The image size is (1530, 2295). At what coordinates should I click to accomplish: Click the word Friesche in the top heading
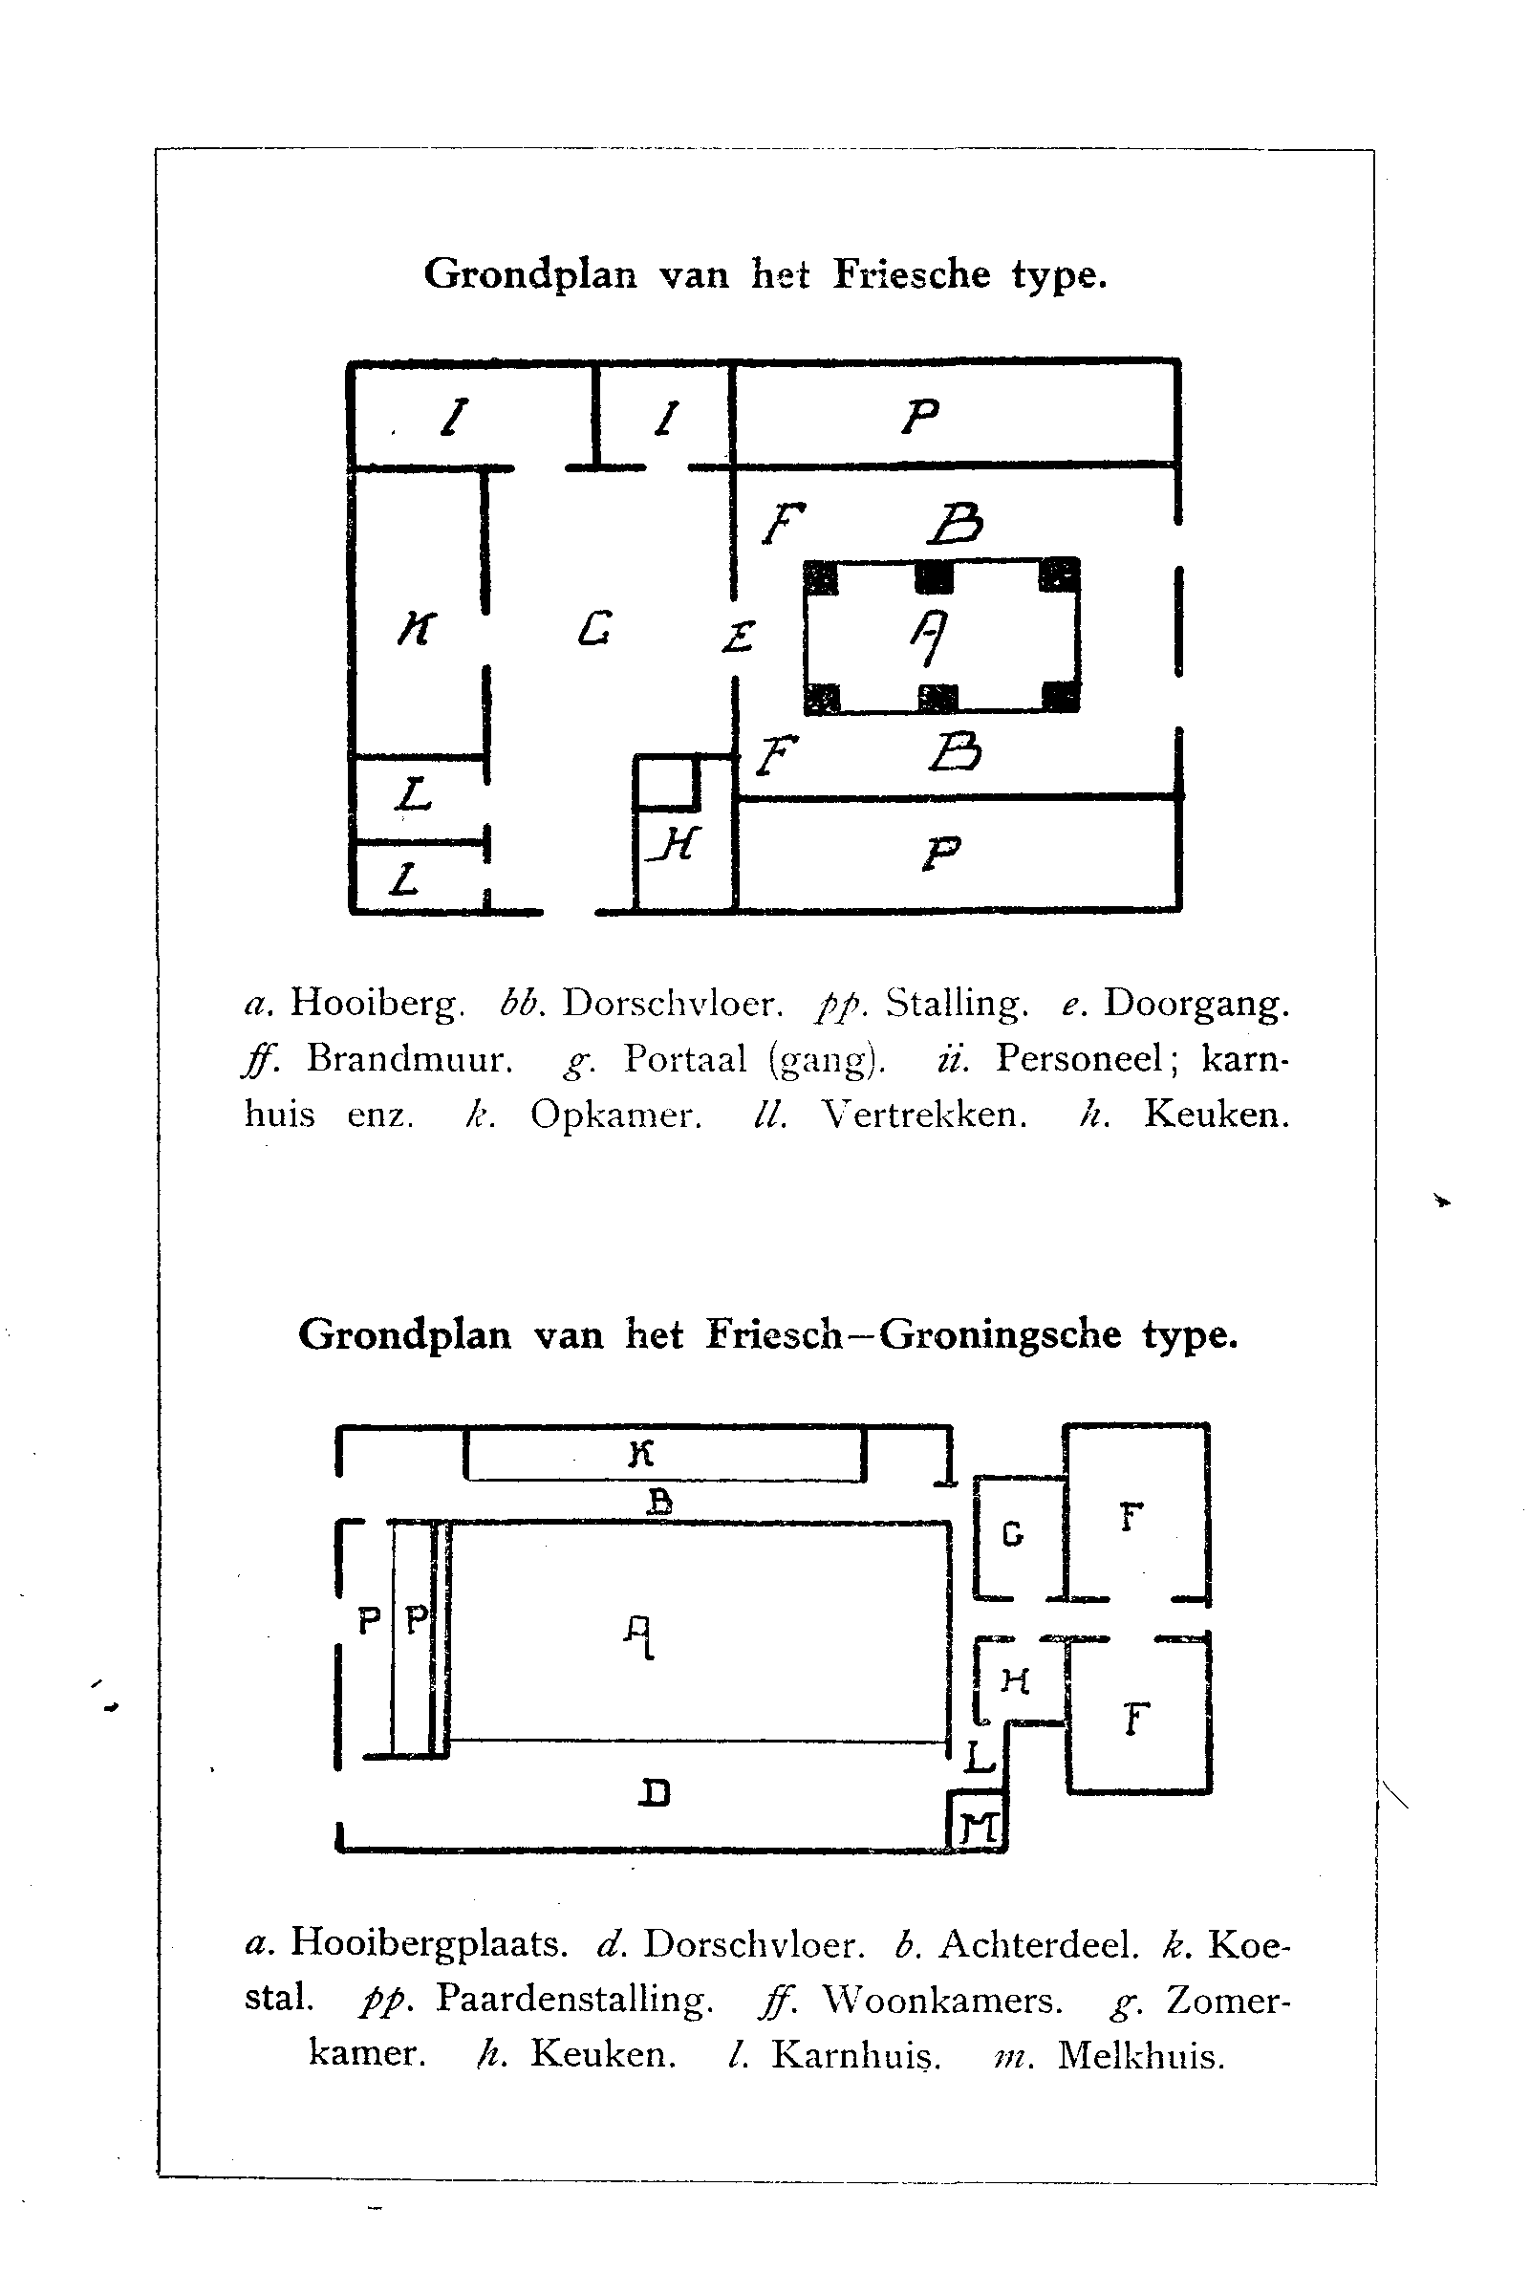[x=912, y=275]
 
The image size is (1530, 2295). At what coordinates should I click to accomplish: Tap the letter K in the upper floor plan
[x=417, y=629]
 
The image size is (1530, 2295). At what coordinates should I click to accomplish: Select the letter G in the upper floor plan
[x=594, y=628]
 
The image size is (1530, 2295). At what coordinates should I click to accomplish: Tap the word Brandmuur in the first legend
[x=410, y=1059]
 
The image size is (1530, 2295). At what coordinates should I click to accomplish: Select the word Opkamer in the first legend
[x=615, y=1115]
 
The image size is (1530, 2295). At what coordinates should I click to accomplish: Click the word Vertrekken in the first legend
[x=924, y=1115]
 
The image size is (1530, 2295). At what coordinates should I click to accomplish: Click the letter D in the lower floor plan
[x=654, y=1793]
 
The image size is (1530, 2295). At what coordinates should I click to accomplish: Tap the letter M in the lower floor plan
[x=979, y=1826]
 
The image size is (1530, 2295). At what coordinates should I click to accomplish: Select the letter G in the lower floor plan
[x=1013, y=1535]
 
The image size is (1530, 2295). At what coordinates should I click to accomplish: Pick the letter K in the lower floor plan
[x=640, y=1455]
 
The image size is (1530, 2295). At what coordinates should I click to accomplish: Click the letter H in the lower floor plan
[x=1015, y=1680]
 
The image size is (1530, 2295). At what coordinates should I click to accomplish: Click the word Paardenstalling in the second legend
[x=573, y=2000]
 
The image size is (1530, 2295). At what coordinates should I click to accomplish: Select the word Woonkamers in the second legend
[x=941, y=2000]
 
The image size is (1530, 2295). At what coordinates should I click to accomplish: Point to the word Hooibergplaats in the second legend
[x=428, y=1944]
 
